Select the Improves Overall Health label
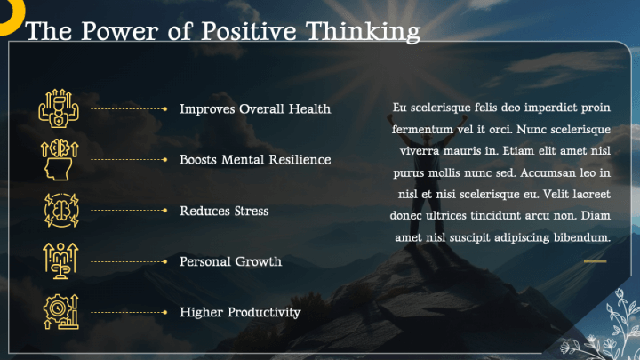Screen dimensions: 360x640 [x=255, y=109]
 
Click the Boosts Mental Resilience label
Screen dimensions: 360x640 [x=255, y=160]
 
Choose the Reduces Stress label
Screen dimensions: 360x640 [x=224, y=211]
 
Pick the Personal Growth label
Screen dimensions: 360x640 [x=230, y=261]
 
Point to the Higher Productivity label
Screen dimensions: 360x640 [x=240, y=312]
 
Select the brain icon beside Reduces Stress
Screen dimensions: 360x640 [x=60, y=210]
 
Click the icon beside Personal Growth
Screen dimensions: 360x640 [x=60, y=260]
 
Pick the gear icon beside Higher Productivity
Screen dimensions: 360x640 [x=60, y=311]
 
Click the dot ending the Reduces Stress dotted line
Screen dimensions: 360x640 [x=165, y=211]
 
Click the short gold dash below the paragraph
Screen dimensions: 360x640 [x=595, y=261]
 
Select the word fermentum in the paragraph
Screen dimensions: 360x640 [x=422, y=130]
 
